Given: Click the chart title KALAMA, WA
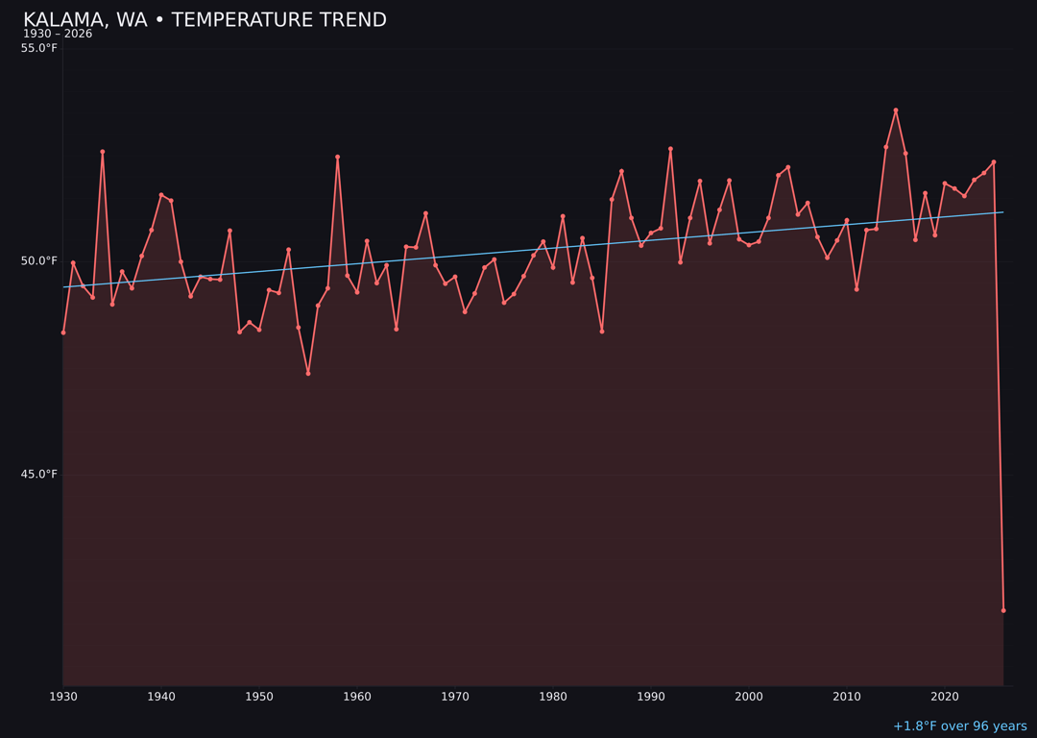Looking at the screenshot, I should [205, 20].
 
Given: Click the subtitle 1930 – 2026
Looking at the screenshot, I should [58, 35].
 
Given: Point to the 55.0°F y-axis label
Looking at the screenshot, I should [39, 48].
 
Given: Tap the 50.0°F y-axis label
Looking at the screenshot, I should [39, 260].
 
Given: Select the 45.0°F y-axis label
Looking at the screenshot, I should [39, 474].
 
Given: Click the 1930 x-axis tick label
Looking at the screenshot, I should [63, 697].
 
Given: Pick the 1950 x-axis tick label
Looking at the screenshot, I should [259, 697].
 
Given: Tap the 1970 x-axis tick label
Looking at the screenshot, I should [455, 697].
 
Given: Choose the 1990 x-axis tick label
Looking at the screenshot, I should [651, 697].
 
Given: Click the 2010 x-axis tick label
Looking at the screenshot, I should [847, 697].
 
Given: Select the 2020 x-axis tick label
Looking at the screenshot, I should [945, 697].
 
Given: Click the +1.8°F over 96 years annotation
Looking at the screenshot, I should [959, 726].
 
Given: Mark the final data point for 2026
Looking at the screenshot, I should [1003, 610].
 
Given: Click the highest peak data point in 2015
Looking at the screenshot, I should [896, 111].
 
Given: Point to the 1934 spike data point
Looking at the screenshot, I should [103, 152].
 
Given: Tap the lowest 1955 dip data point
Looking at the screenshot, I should [308, 373].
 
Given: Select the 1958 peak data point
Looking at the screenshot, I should [337, 157].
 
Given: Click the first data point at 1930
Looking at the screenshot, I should [63, 332].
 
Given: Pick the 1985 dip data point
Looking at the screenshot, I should [602, 332].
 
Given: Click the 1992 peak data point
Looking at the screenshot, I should [670, 149].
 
